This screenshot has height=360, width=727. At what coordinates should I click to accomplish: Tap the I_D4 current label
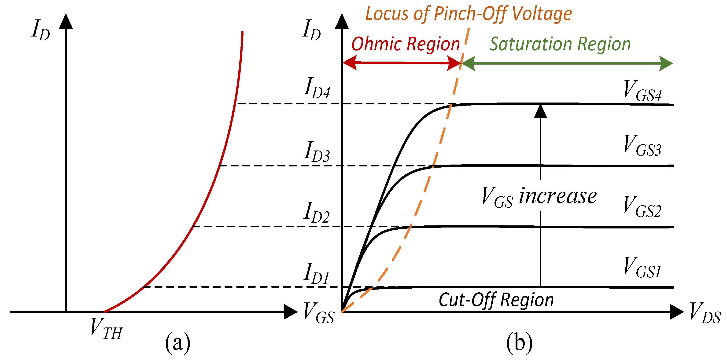click(317, 88)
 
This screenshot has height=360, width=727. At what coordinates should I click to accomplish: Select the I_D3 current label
click(317, 151)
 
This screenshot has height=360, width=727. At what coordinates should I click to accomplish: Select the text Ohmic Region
click(406, 44)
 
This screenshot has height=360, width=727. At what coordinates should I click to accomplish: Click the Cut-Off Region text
click(496, 300)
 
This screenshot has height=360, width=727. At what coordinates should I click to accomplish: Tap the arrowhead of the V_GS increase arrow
click(540, 111)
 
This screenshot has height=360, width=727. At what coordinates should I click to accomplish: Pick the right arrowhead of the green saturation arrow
click(666, 63)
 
